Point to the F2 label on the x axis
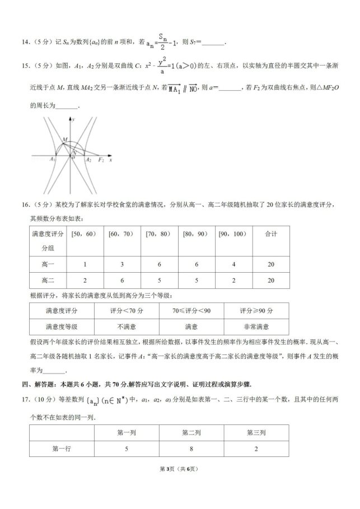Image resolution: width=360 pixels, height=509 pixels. (101, 160)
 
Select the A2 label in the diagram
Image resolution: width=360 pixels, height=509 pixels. (88, 160)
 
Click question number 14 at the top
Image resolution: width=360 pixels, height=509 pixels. (25, 41)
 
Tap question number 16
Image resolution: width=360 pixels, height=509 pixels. (25, 208)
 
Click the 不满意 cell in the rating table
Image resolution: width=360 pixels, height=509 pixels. (125, 326)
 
